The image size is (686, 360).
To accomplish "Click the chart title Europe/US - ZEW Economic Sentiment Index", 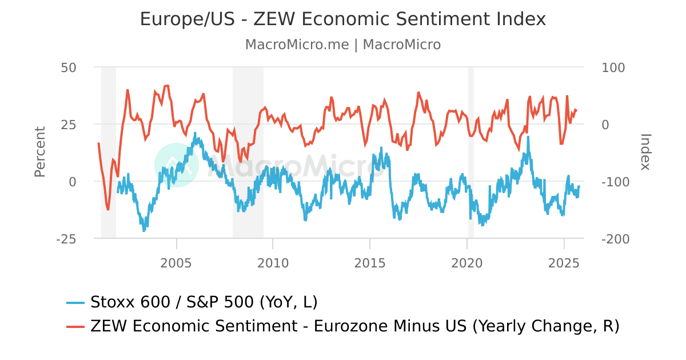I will pos(343,19).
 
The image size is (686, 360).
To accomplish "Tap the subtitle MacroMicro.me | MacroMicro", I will pos(343,45).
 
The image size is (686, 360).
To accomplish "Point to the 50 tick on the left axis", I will pos(69,67).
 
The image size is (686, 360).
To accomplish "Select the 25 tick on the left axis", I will pos(69,124).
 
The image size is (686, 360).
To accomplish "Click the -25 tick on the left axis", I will pos(66,239).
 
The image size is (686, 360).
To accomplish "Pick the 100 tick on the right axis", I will pos(613,67).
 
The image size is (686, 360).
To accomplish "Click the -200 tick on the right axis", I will pos(616,239).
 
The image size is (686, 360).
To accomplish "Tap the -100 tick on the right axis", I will pos(616,182).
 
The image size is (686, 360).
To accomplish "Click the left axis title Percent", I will pos(39,152).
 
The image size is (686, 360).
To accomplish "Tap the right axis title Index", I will pos(645,152).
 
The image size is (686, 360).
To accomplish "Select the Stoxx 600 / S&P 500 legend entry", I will pos(192,302).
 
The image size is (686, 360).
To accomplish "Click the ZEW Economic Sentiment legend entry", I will pos(343,326).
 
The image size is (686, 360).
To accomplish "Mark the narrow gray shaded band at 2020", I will pos(471,152).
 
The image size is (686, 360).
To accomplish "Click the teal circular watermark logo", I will pos(176,165).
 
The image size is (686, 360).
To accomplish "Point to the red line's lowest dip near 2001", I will pos(108,209).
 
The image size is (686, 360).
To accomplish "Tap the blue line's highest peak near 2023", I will pos(528,137).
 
